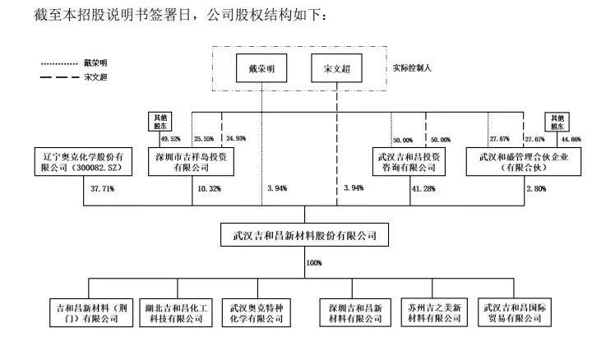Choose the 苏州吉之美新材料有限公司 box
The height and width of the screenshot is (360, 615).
(433, 311)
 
